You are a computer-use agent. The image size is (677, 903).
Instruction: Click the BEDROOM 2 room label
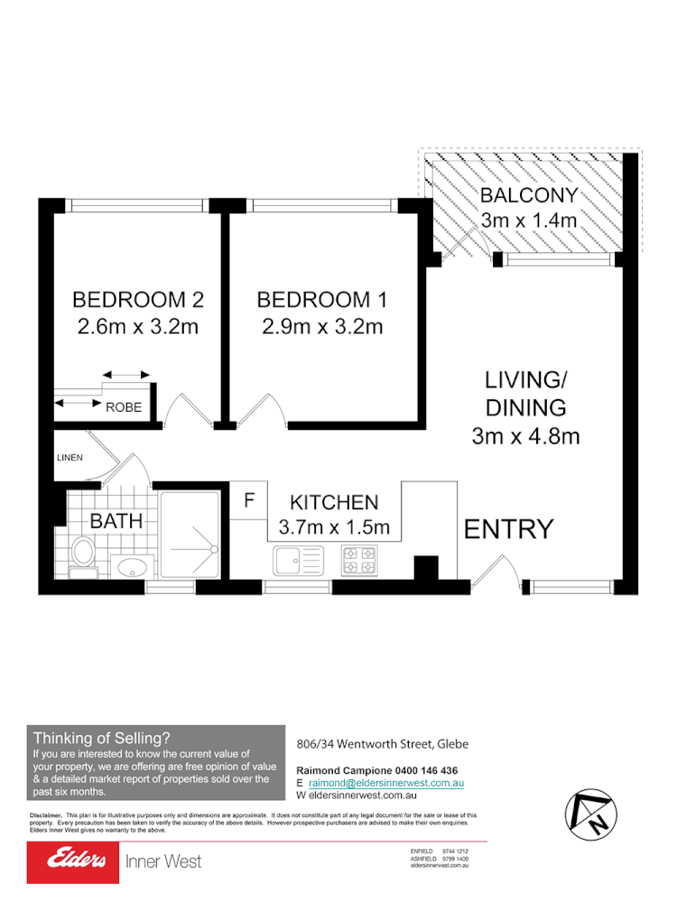pyautogui.click(x=138, y=299)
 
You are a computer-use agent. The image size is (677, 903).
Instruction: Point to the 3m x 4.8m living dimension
pyautogui.click(x=525, y=437)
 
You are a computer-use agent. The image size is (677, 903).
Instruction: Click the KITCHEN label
pyautogui.click(x=334, y=503)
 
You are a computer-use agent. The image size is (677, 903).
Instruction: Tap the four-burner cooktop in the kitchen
pyautogui.click(x=358, y=560)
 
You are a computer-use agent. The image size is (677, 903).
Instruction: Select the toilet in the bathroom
pyautogui.click(x=82, y=553)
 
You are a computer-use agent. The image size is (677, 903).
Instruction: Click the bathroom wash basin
pyautogui.click(x=134, y=567)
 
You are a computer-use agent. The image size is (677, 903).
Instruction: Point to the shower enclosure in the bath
pyautogui.click(x=190, y=534)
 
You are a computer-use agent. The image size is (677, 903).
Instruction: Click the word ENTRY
pyautogui.click(x=508, y=530)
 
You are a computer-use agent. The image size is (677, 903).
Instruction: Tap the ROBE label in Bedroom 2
pyautogui.click(x=124, y=407)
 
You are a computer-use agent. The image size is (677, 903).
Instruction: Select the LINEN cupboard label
pyautogui.click(x=70, y=458)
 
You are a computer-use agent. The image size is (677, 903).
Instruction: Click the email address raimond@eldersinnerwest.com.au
pyautogui.click(x=385, y=784)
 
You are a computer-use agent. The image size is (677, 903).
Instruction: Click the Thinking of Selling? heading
pyautogui.click(x=101, y=738)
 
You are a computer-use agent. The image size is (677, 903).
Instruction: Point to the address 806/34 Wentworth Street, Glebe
pyautogui.click(x=382, y=744)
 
